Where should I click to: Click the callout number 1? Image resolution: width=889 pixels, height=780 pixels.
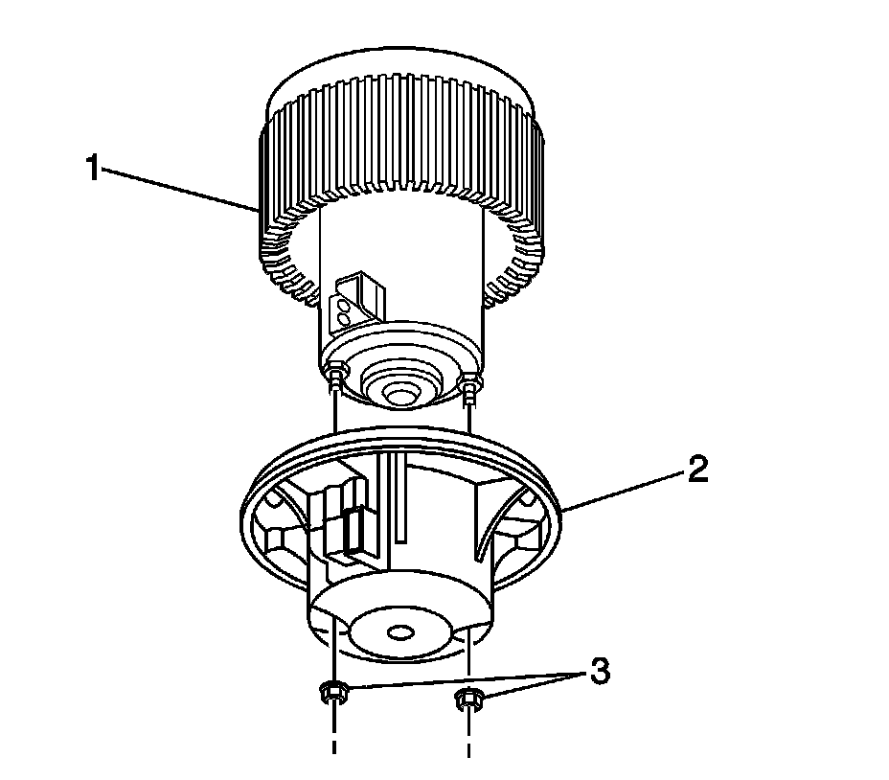click(92, 170)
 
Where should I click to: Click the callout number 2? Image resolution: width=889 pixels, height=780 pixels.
click(696, 470)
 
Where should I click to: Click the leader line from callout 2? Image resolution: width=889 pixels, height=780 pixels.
click(623, 490)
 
